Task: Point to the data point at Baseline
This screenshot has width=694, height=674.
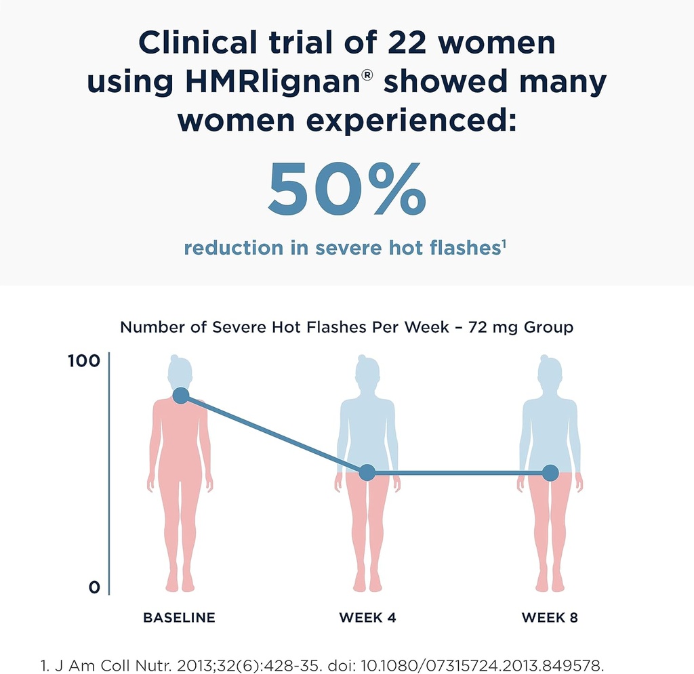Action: (180, 396)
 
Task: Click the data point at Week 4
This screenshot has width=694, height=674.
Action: (367, 473)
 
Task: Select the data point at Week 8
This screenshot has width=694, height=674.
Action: (550, 473)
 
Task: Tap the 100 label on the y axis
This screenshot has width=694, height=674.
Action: (84, 361)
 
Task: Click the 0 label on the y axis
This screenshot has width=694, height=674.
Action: (94, 587)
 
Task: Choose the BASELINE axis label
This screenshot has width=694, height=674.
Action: (179, 618)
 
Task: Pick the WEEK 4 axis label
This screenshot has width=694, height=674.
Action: (367, 618)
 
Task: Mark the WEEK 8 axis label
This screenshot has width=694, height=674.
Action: (550, 618)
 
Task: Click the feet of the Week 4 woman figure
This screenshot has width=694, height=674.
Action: (367, 583)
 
